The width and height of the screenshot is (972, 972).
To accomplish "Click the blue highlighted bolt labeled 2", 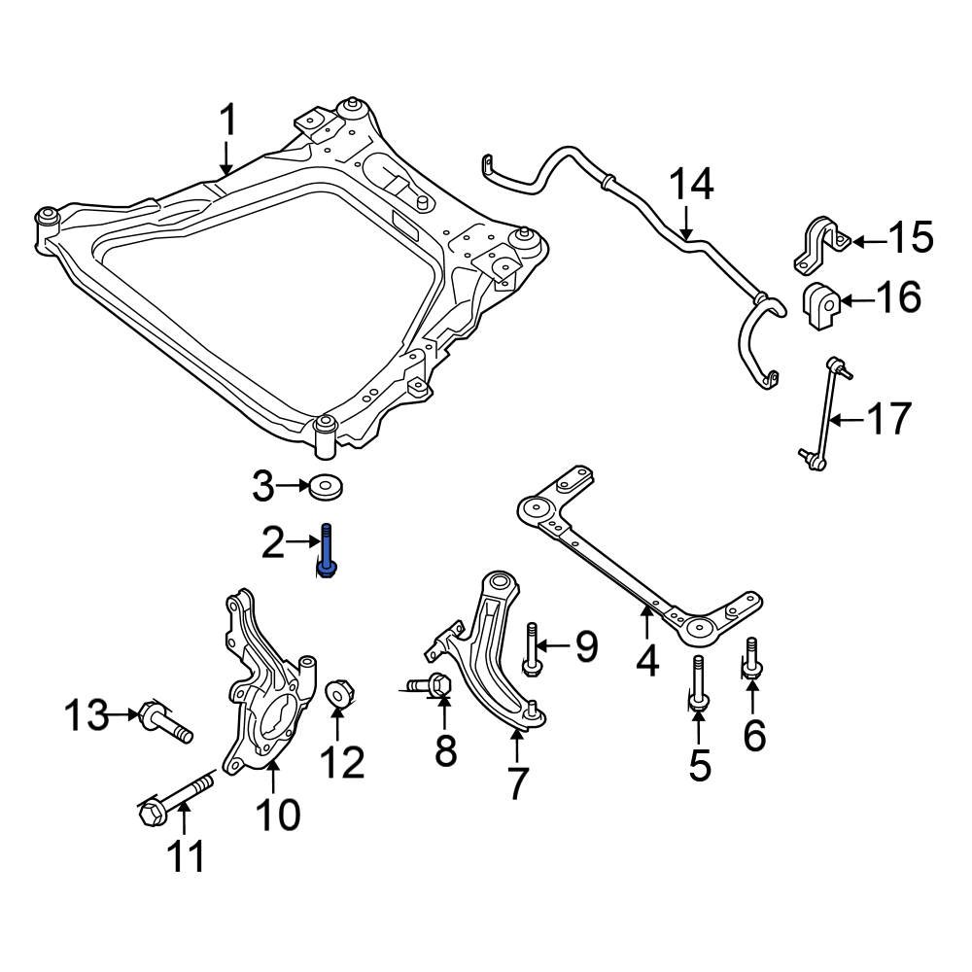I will (x=327, y=551).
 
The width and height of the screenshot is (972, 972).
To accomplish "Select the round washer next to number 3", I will (x=326, y=486).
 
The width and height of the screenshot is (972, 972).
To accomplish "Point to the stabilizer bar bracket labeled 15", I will (x=821, y=245).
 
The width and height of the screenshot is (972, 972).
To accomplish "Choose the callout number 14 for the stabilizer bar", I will (x=691, y=185).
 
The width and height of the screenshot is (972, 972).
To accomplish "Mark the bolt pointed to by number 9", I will (x=531, y=648).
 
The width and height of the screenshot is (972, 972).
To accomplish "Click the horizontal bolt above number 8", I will (x=429, y=686).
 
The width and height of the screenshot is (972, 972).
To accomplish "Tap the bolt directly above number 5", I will (x=698, y=684).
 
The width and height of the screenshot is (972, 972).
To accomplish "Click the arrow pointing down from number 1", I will (x=226, y=157).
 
